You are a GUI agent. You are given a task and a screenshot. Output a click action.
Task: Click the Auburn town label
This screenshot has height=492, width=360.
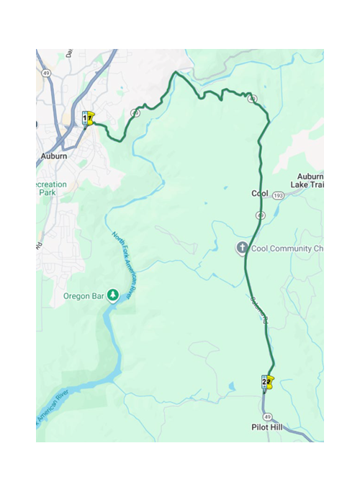[x=54, y=156]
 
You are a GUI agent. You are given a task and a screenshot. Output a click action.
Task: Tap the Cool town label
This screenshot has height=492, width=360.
[x=259, y=194]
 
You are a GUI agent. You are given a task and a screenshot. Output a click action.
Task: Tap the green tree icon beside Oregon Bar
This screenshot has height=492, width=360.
[x=113, y=294]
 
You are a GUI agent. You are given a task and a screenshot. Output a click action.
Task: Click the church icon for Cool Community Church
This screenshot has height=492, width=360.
[x=242, y=249]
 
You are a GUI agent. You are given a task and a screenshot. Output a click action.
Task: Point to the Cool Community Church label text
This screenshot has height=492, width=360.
[x=288, y=249]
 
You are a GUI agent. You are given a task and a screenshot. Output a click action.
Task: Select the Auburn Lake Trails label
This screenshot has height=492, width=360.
[x=308, y=181]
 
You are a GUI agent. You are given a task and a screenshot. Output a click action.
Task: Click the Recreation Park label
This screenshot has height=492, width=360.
[x=52, y=189]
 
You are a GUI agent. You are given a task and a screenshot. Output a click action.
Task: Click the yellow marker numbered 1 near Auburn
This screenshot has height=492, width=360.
[x=89, y=117]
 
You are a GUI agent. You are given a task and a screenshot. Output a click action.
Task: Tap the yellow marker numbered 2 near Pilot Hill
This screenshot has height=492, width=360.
[x=268, y=381]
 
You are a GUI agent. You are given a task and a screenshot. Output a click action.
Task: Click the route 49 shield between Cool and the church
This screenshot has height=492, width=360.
[x=259, y=215]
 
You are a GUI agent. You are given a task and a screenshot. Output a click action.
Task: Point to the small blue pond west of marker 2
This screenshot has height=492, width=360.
[x=233, y=386]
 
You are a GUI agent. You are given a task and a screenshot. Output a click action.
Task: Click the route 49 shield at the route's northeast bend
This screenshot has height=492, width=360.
[x=251, y=99]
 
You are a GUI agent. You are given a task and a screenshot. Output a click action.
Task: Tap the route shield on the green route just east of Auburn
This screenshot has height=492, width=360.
[x=135, y=113]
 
